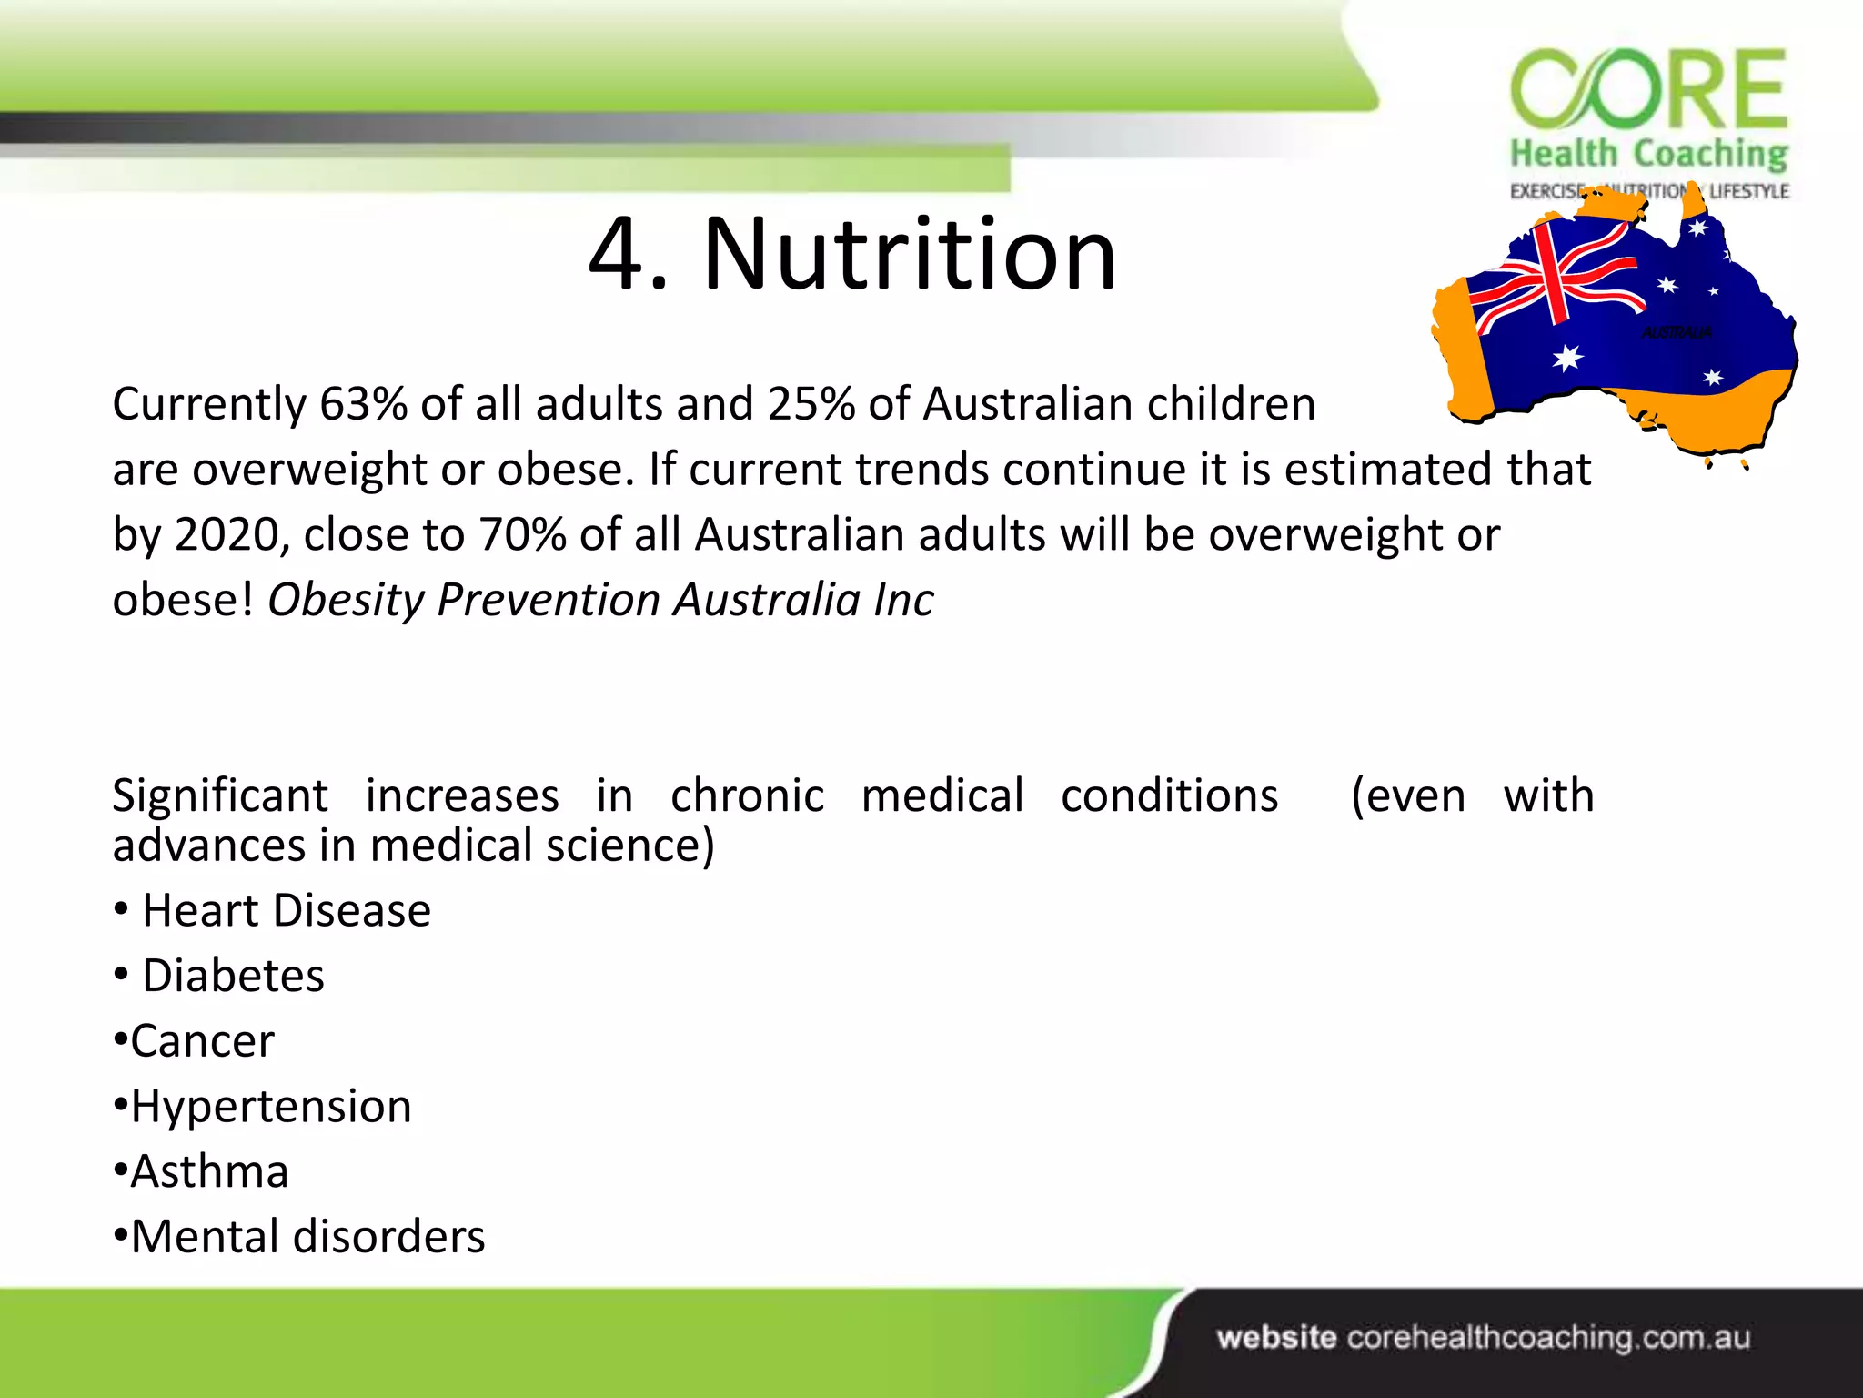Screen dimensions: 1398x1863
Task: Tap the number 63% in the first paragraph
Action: click(x=363, y=404)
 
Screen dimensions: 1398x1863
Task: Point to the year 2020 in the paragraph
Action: click(x=227, y=535)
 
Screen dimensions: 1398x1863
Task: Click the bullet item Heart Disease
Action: click(x=287, y=911)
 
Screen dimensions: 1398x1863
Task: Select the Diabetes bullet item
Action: click(x=233, y=977)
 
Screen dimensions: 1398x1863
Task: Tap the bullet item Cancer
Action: click(x=202, y=1041)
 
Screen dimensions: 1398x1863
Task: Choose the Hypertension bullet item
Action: click(x=271, y=1107)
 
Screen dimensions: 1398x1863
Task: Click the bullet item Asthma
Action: click(x=209, y=1172)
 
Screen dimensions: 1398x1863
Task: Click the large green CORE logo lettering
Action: click(x=1648, y=89)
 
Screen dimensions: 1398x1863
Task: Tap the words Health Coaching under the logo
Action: click(x=1648, y=155)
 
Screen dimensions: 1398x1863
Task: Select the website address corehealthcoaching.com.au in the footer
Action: click(x=1548, y=1338)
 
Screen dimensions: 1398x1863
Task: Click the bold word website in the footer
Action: click(x=1276, y=1338)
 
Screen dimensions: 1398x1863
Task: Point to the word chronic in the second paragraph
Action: click(x=747, y=796)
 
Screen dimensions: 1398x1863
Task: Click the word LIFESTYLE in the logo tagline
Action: click(x=1748, y=191)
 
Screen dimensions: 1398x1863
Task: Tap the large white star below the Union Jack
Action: click(x=1567, y=358)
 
